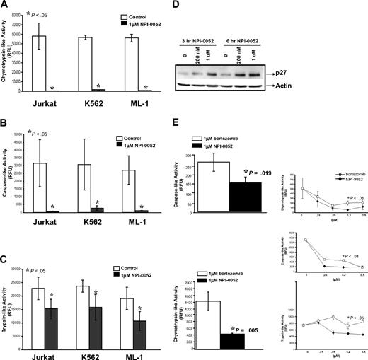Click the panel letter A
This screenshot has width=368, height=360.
pos(5,6)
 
